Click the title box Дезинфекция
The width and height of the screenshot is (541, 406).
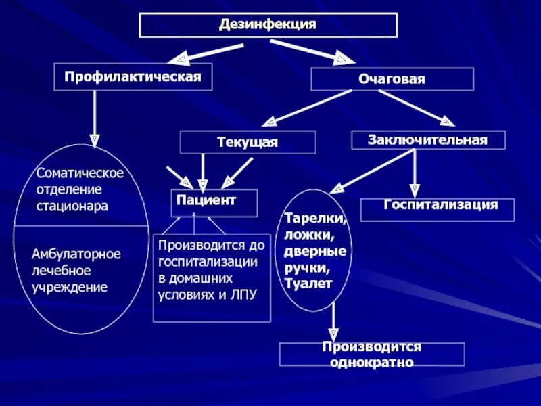point(268,25)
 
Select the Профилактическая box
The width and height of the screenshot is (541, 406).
point(133,76)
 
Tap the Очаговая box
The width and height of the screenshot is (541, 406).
point(392,80)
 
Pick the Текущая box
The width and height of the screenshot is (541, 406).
point(248,142)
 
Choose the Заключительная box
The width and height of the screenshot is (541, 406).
point(428,139)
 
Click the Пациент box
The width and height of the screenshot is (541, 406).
point(214,202)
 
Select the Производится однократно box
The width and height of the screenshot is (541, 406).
point(371,354)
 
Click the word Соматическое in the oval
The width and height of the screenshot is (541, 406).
point(80,173)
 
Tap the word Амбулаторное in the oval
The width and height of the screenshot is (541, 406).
point(76,254)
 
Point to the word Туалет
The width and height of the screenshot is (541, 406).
point(308,284)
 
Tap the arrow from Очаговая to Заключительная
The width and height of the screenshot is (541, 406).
point(416,107)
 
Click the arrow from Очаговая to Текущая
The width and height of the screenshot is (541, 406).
point(308,108)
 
